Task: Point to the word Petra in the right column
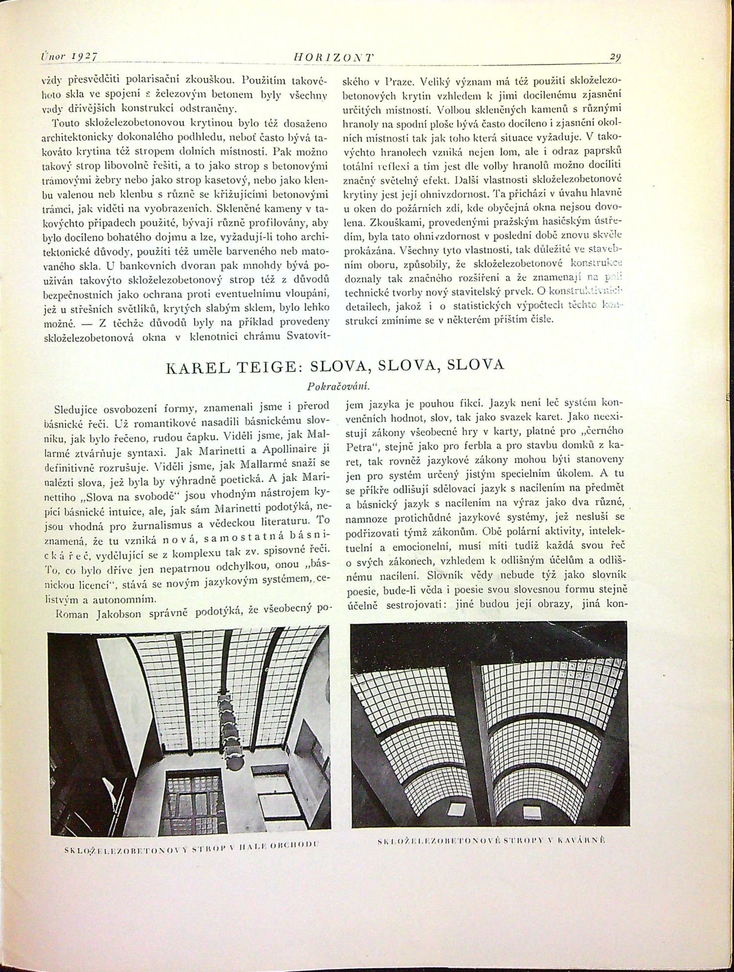pos(361,447)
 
